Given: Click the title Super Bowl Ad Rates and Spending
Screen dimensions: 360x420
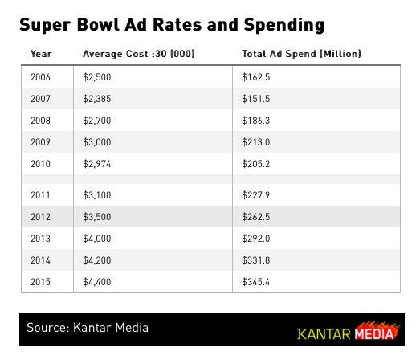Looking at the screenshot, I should (172, 24).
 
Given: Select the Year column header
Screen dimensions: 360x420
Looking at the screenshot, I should (41, 55).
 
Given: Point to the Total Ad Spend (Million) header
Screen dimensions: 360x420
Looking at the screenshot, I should (301, 55).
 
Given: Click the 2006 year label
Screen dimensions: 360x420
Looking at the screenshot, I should (40, 78).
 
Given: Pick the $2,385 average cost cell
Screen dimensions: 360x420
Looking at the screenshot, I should (96, 100).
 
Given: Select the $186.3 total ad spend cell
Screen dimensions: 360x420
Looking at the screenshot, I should (257, 121).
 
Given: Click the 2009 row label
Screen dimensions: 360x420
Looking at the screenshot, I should (40, 143).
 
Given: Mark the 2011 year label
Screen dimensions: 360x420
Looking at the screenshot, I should (40, 195).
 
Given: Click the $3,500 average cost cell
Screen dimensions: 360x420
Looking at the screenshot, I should (96, 217).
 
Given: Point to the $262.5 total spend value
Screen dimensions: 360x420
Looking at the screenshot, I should (257, 217).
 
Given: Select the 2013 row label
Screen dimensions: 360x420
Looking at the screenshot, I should (40, 239).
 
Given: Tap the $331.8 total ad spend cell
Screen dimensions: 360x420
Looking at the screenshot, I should (257, 260).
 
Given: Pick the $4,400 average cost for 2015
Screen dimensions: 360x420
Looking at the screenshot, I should (96, 282).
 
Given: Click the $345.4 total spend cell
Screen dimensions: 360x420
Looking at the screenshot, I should (257, 282).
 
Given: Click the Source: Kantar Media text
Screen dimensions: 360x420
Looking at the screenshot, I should (88, 329).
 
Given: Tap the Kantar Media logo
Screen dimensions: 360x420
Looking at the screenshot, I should (348, 332).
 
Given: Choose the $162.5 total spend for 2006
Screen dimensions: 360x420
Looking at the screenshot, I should (257, 78).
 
